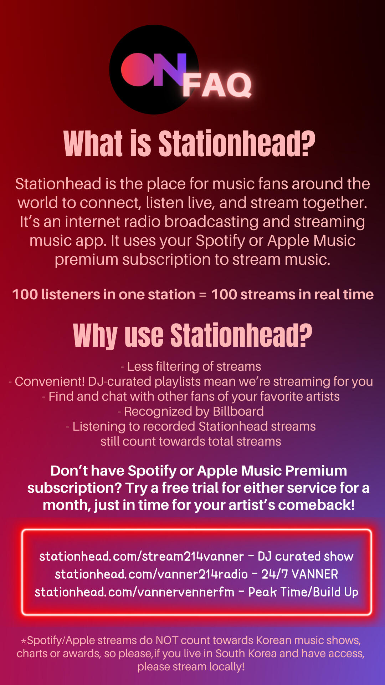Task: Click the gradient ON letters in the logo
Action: pos(154,70)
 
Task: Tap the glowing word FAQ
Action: pos(217,85)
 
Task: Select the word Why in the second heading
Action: pos(95,336)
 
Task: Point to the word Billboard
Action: pos(238,411)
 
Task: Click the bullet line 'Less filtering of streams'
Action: pos(191,366)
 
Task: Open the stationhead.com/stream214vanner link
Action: pos(142,556)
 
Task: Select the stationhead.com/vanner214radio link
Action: pos(151,574)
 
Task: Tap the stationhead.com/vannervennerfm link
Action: pos(134,592)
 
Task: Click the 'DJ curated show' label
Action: pos(306,556)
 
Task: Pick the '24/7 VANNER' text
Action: pos(300,574)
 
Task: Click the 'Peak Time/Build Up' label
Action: pos(303,592)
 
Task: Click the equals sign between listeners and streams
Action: pos(203,295)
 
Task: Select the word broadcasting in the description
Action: pos(212,222)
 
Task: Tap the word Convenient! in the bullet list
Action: pos(50,381)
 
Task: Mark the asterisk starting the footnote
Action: pos(24,641)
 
